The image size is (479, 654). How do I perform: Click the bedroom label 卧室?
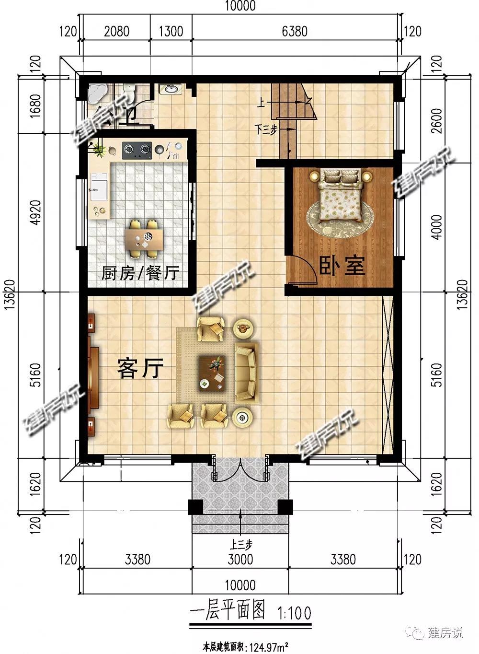tap(342, 266)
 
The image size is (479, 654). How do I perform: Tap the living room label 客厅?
tap(140, 368)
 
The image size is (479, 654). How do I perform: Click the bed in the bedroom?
tap(341, 196)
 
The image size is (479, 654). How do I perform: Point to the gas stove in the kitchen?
tap(137, 151)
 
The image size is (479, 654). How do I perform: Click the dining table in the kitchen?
tap(144, 239)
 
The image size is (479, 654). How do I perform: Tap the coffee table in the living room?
tap(212, 374)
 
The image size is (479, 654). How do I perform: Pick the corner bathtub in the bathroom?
tap(97, 93)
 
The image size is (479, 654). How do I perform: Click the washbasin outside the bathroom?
tap(171, 89)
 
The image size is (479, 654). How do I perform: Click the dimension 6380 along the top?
tap(295, 32)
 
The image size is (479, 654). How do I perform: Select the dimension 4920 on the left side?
tap(35, 212)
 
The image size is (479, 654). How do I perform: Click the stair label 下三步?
tap(265, 129)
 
